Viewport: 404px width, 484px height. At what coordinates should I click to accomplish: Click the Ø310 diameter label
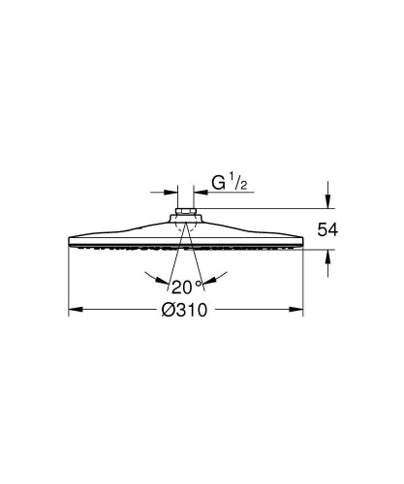click(186, 310)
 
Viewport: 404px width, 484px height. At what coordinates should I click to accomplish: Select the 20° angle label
click(186, 286)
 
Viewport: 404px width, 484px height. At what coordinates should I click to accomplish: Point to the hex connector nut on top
click(187, 210)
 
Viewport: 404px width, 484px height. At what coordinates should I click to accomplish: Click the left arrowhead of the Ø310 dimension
click(74, 311)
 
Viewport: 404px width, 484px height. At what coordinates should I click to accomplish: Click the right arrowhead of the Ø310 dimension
click(299, 311)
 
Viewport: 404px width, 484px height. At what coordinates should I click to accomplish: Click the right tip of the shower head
click(304, 247)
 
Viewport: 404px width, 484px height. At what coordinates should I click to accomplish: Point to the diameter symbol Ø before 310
click(168, 310)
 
